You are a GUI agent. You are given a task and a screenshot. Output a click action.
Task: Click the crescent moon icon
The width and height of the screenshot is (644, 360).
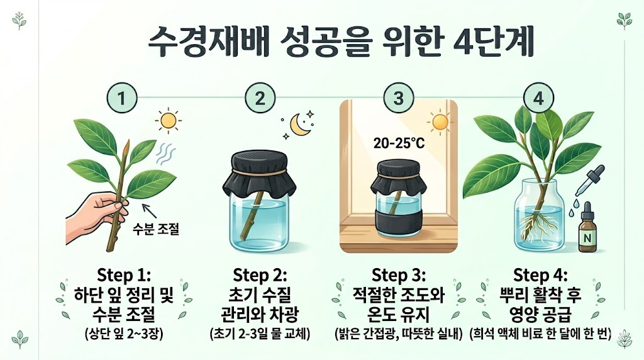point(299,125)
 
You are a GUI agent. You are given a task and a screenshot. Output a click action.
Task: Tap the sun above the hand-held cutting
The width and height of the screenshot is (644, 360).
point(169,120)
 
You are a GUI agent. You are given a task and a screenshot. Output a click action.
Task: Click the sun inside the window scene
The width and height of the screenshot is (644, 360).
point(440,122)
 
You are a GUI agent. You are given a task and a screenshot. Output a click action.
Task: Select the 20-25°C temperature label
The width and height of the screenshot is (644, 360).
point(399,143)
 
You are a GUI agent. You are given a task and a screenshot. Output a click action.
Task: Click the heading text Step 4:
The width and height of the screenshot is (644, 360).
point(540,275)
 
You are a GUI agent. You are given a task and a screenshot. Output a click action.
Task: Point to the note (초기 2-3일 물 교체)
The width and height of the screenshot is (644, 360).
point(260,334)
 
